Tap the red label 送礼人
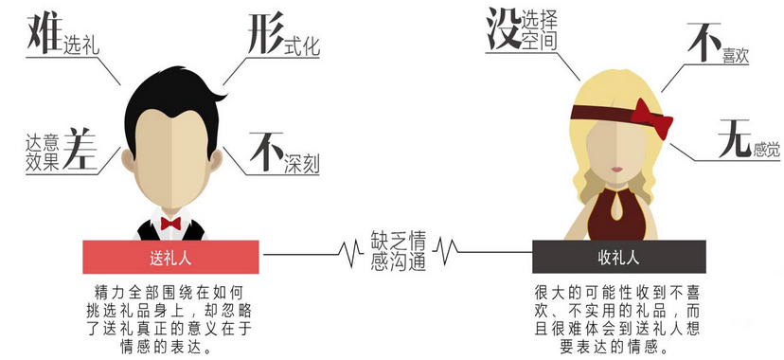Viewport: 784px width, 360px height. pos(171,257)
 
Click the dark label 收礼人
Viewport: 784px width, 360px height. pos(618,257)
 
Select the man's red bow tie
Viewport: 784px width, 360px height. pos(170,224)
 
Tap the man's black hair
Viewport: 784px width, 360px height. pos(170,90)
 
